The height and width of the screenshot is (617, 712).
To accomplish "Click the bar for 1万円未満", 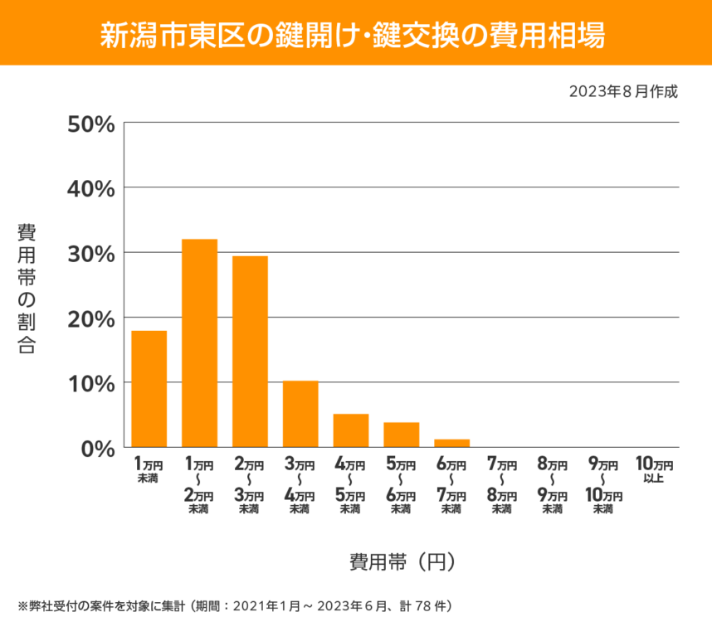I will point(149,389).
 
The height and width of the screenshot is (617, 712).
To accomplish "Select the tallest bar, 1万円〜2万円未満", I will point(200,343).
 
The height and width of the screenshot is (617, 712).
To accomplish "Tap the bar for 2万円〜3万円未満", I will point(250,352).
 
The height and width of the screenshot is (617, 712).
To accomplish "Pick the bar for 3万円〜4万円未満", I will point(300,414).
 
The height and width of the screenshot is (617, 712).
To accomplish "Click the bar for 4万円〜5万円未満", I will point(351,430).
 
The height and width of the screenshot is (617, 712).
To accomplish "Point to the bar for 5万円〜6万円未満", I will point(401,435).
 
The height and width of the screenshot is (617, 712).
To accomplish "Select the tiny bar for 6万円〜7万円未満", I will point(451,443).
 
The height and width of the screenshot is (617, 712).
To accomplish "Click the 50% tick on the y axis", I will point(90,124).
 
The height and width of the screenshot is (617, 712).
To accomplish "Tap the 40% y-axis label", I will point(90,188).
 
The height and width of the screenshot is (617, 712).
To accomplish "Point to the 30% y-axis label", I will point(90,253).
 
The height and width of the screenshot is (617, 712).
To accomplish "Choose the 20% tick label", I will point(90,318).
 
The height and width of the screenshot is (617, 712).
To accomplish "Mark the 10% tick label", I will point(90,383).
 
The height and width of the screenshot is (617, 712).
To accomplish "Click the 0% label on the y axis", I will point(96,448).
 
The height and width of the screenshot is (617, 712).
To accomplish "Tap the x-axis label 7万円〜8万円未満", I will point(502,485).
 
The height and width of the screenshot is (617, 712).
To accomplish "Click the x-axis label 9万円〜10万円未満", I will point(603,485).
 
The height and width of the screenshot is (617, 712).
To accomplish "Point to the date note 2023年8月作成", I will point(623,91).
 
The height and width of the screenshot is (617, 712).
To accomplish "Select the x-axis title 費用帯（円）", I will point(402,561).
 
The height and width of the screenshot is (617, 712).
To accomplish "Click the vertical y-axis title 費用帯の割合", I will point(27,289).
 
